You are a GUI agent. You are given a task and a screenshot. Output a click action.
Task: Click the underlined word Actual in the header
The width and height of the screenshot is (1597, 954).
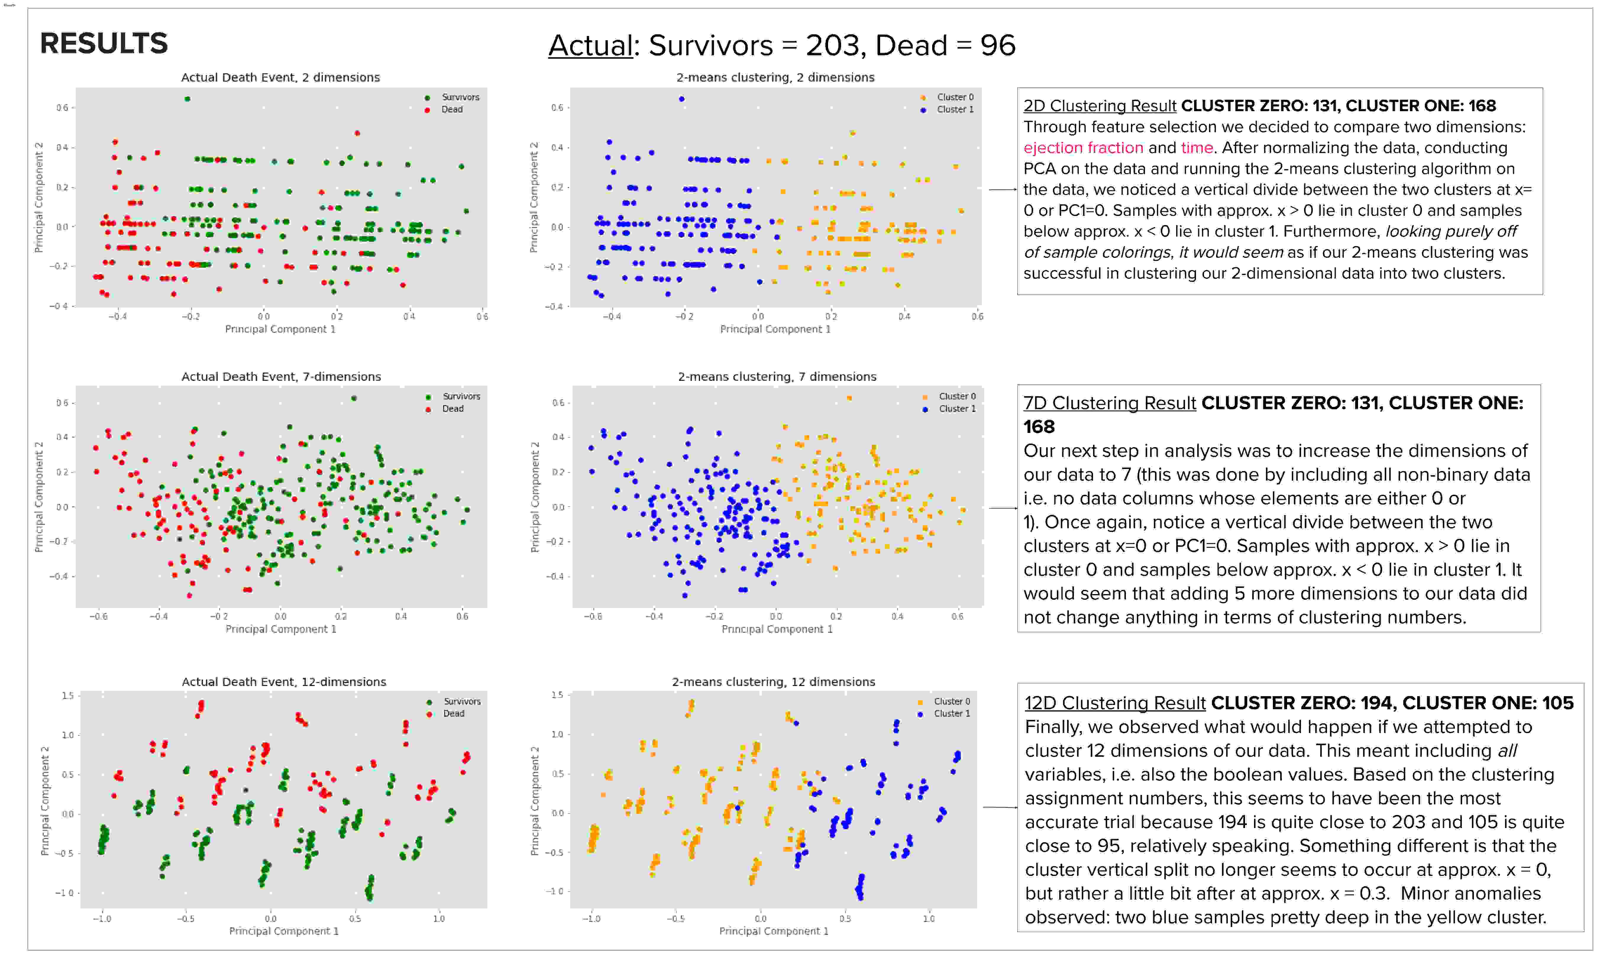point(590,46)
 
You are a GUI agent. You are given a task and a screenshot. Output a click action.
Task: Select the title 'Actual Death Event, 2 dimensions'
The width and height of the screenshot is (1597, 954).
point(280,77)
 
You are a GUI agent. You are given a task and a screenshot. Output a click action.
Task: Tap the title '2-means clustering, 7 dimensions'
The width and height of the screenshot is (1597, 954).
point(777,377)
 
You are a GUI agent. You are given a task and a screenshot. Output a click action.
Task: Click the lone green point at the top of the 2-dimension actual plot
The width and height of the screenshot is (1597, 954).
point(187,99)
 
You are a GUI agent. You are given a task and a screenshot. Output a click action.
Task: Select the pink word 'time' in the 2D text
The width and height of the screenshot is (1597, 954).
point(1197,148)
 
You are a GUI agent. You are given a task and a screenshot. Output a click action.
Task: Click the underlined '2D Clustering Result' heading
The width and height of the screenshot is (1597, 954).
point(1099,106)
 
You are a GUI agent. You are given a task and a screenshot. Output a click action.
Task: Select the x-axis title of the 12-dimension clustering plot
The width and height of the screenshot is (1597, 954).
point(773,931)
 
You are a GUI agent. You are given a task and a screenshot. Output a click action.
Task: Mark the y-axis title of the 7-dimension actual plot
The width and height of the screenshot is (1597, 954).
point(38,497)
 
